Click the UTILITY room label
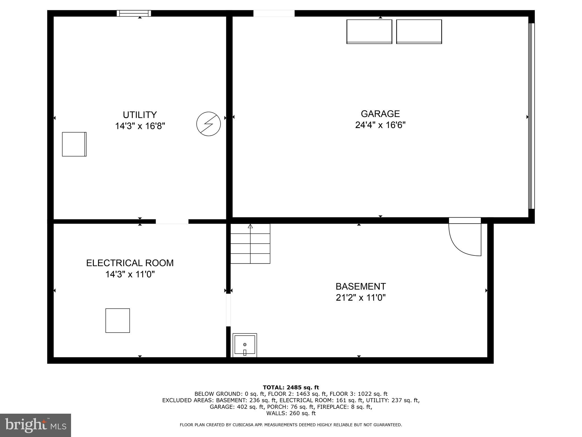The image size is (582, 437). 140,115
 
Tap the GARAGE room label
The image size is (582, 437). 380,114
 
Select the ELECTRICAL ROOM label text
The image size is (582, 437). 130,263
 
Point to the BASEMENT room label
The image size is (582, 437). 361,286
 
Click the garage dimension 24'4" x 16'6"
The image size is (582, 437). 380,125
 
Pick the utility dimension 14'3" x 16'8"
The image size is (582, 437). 140,126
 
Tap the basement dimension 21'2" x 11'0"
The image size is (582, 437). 361,298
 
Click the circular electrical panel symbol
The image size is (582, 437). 209,124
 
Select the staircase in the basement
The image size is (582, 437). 250,244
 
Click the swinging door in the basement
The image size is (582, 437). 465,237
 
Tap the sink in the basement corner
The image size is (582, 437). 245,345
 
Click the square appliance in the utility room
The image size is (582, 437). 74,144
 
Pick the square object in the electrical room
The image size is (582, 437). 118,321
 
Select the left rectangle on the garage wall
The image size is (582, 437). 369,32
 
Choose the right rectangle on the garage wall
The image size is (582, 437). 419,32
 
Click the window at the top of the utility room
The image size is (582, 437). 134,13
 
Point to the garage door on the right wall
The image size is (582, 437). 531,116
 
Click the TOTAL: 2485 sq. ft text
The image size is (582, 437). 291,387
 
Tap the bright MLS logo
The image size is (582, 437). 36,425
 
